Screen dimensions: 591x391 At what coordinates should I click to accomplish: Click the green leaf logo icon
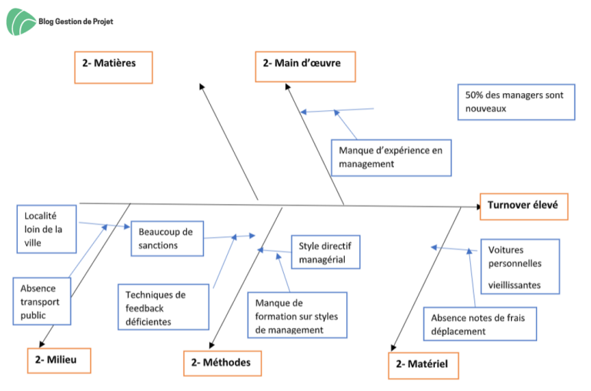[21, 22]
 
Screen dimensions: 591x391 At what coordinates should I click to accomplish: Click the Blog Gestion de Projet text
[75, 22]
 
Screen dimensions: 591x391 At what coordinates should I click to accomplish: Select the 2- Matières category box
[113, 68]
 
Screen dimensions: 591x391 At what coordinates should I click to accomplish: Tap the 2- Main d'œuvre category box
[306, 67]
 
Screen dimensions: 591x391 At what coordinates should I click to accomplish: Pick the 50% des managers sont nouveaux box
[516, 102]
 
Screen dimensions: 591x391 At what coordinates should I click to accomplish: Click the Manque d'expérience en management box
[391, 158]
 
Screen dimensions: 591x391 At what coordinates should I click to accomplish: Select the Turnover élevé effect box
[524, 206]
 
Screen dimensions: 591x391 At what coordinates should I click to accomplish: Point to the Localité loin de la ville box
[47, 229]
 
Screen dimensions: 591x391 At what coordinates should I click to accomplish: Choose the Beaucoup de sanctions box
[167, 239]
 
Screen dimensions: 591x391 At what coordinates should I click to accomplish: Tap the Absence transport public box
[42, 301]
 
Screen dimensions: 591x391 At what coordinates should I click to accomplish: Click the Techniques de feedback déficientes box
[164, 307]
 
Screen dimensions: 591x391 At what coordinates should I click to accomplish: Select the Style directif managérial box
[326, 252]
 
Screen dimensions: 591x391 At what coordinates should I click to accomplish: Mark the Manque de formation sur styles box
[297, 316]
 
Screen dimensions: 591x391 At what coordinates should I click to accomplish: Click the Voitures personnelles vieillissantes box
[520, 266]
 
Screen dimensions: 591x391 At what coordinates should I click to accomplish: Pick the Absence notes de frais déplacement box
[480, 324]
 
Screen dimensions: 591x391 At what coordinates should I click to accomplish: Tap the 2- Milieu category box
[59, 361]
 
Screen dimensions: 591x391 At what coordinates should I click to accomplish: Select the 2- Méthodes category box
[222, 363]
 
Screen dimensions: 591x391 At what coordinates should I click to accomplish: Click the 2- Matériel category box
[424, 366]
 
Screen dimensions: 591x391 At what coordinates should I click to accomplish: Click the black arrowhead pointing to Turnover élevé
[479, 206]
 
